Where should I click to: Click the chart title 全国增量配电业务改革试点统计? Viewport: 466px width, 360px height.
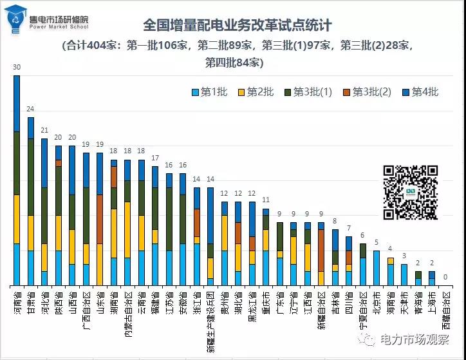point(238,26)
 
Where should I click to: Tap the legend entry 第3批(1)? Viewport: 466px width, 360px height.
point(306,92)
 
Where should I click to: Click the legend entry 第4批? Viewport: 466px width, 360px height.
point(419,92)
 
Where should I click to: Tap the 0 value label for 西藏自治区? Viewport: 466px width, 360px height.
point(445,278)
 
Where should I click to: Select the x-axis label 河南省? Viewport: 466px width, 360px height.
point(17,302)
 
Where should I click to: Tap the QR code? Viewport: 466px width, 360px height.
point(411,193)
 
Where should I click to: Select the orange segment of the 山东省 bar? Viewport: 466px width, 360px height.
point(100,219)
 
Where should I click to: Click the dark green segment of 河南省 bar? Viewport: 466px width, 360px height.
point(17,163)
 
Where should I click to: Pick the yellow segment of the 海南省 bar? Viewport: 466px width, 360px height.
point(390,261)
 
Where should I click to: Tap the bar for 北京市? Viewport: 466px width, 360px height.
point(377,268)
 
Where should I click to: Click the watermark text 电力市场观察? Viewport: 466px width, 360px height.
point(418,339)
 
